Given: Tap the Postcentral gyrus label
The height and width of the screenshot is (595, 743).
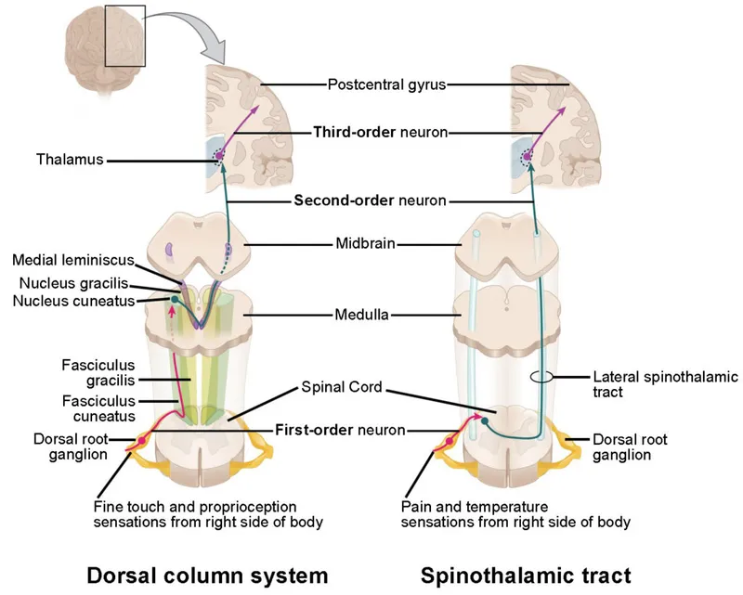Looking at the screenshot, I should (386, 84).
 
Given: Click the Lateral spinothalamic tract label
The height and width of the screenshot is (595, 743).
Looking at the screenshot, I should (665, 385).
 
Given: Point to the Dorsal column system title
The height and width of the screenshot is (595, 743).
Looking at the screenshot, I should (207, 574).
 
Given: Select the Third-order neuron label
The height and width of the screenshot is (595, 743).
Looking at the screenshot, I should (381, 133).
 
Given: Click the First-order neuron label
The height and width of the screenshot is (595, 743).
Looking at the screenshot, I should (341, 430).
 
